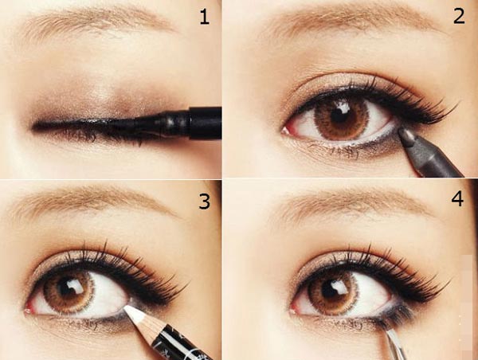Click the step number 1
point(205,17)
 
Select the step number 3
point(205,201)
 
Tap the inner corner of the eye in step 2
point(288,127)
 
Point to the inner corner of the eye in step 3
point(32,306)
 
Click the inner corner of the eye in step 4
point(295,307)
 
